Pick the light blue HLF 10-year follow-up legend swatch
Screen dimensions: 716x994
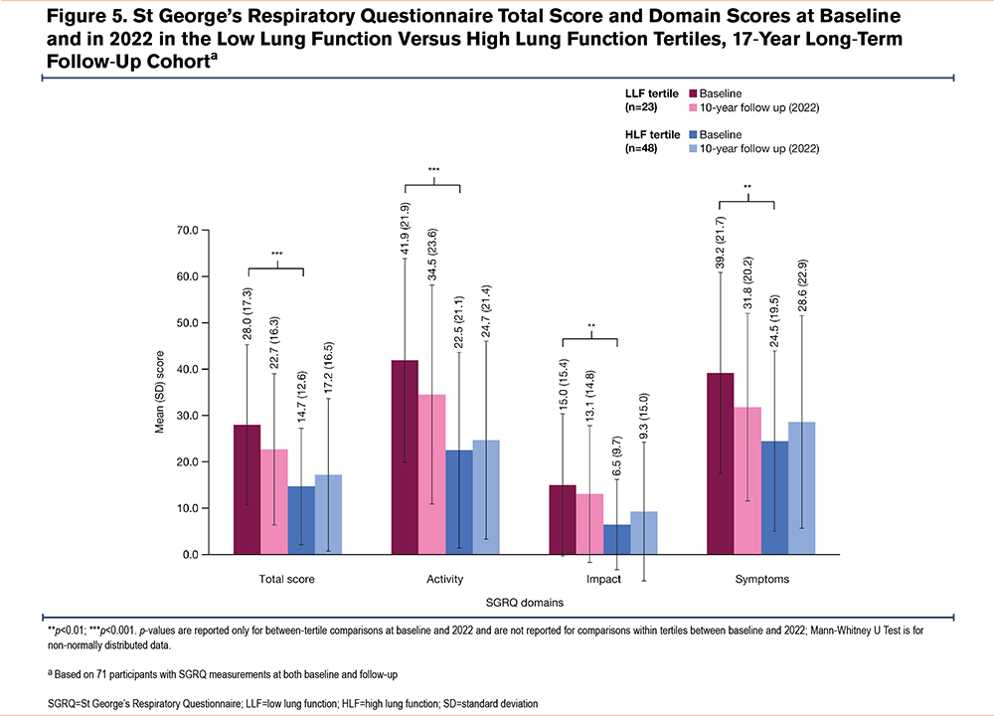[x=694, y=148]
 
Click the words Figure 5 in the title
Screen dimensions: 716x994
[x=63, y=17]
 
